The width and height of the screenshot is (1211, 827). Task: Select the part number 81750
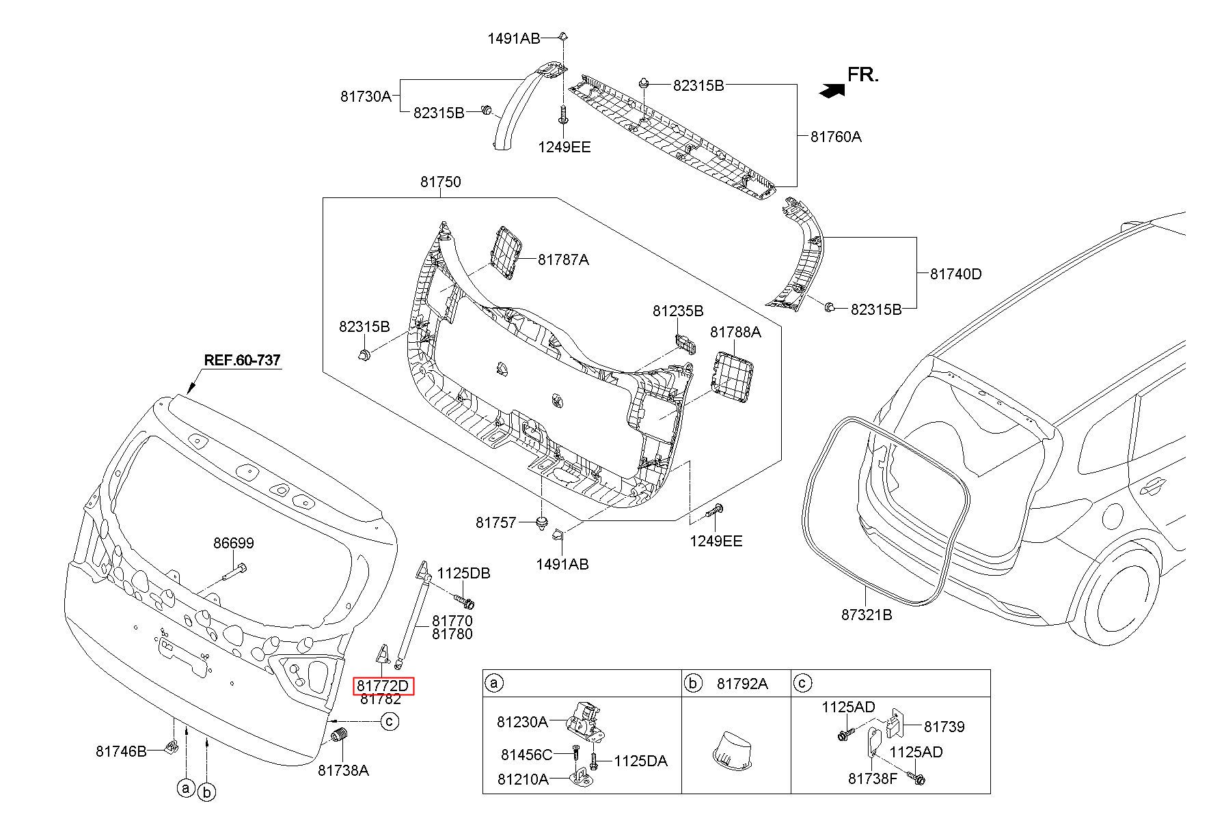pos(440,182)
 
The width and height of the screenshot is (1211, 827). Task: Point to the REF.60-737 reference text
pos(243,360)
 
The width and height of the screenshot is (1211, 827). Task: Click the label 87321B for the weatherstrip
pos(867,615)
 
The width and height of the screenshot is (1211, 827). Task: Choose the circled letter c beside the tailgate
pos(390,720)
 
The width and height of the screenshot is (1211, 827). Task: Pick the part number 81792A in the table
pos(741,684)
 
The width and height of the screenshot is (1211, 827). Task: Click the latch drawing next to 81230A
pos(585,722)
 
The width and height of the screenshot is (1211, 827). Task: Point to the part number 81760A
pos(836,137)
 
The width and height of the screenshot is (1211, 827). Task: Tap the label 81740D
pos(955,274)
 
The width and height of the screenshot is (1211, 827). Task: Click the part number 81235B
pos(677,311)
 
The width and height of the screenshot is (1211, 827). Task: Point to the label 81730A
pos(366,96)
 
